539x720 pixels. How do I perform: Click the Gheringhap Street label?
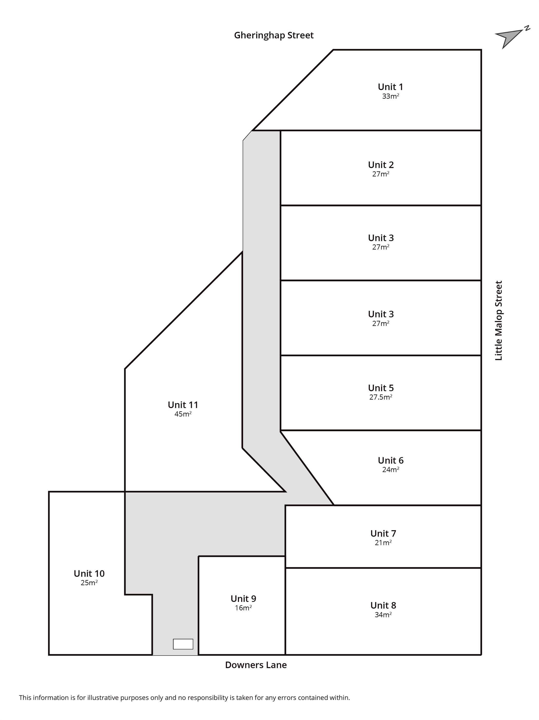click(274, 35)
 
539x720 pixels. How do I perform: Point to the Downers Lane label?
click(256, 665)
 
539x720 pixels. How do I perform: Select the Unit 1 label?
click(390, 87)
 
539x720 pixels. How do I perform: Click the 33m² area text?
click(390, 96)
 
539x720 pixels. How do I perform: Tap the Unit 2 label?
click(381, 165)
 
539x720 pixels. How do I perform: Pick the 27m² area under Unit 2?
click(381, 174)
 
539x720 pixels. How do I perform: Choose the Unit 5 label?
click(381, 388)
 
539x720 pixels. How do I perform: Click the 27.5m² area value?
click(381, 397)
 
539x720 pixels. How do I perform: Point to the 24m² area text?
click(391, 470)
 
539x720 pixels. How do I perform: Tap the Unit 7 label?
click(383, 534)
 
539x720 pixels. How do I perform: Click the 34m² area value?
click(383, 615)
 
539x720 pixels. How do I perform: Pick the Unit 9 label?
click(243, 599)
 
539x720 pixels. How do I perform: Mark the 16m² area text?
click(243, 608)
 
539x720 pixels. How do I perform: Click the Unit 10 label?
click(89, 574)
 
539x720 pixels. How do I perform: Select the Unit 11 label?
click(183, 405)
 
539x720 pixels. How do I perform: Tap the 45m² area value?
click(183, 414)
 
